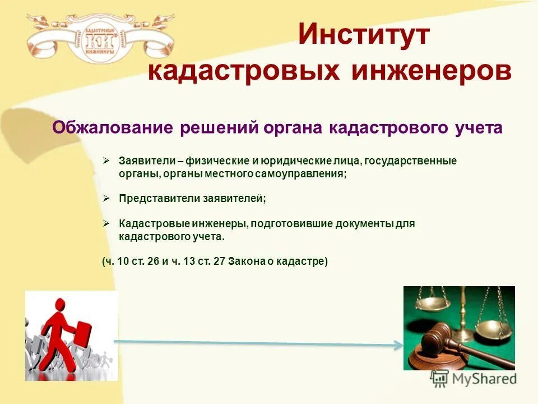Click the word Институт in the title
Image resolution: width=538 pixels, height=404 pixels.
363,35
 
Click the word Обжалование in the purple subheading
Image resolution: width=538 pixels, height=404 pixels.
114,128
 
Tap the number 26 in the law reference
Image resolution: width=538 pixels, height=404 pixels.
153,261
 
